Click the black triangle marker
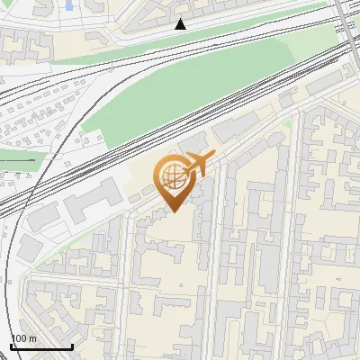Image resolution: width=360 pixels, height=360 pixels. (180, 24)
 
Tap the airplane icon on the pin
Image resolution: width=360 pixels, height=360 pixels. (197, 164)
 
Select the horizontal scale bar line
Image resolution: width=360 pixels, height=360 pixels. (41, 347)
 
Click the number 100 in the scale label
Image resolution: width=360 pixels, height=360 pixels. (18, 338)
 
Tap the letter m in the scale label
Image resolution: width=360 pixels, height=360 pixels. (32, 338)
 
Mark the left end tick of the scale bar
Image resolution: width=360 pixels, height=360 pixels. (11, 345)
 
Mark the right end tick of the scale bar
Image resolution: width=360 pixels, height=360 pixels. (72, 345)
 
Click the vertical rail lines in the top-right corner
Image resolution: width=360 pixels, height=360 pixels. (344, 22)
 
